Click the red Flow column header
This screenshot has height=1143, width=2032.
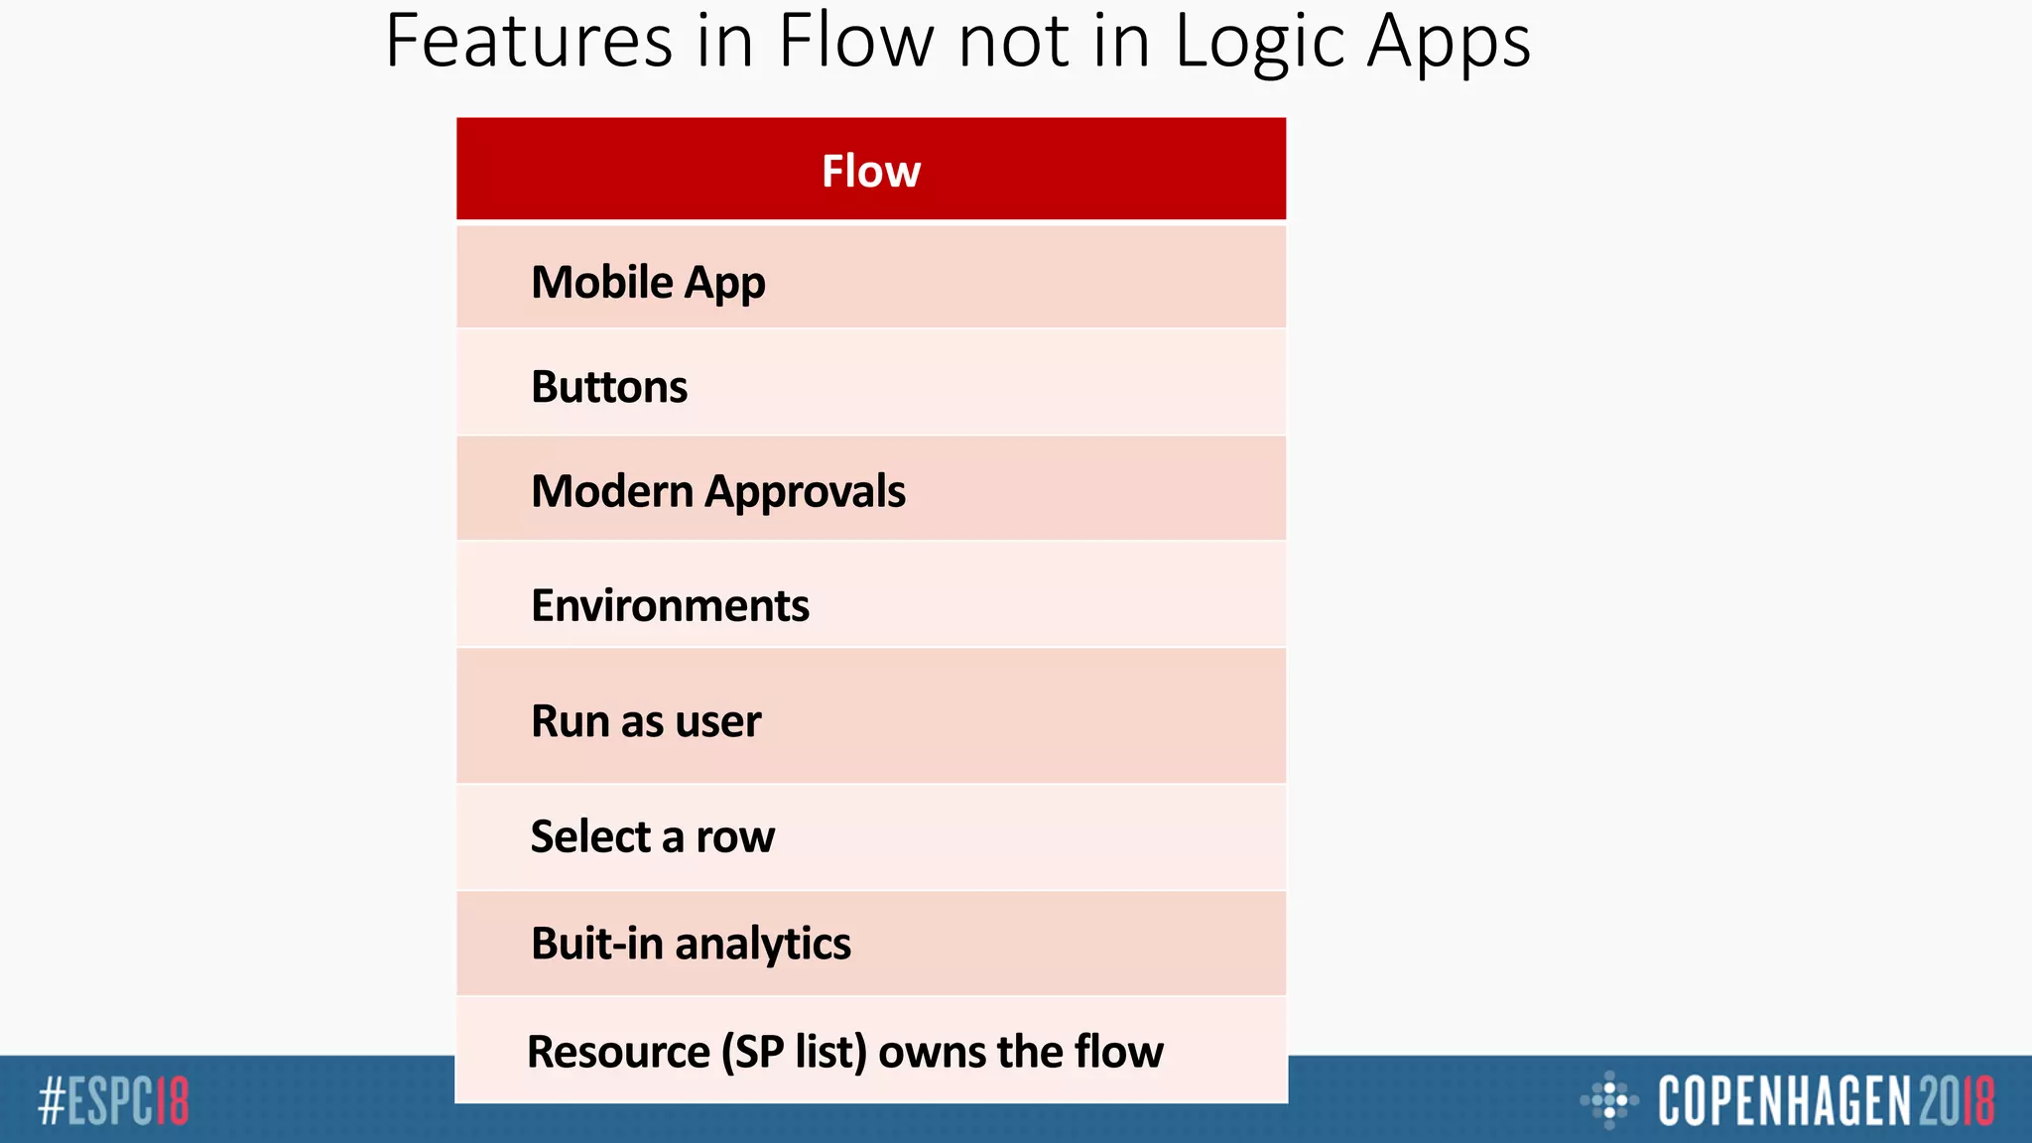871,171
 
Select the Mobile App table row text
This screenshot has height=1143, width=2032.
648,283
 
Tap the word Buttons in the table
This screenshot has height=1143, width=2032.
609,387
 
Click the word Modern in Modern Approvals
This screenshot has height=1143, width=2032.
612,491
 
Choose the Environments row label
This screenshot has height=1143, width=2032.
670,605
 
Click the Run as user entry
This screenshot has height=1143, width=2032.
646,721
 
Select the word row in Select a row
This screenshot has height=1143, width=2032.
735,837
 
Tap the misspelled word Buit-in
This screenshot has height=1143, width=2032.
597,944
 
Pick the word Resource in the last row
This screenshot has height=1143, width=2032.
618,1052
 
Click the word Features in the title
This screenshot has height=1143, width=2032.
529,42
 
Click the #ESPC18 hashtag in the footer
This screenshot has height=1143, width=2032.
113,1101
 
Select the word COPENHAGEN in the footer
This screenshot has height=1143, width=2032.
1784,1101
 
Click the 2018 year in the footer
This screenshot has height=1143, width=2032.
1956,1101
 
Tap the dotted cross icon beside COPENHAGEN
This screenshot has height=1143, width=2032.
1609,1099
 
